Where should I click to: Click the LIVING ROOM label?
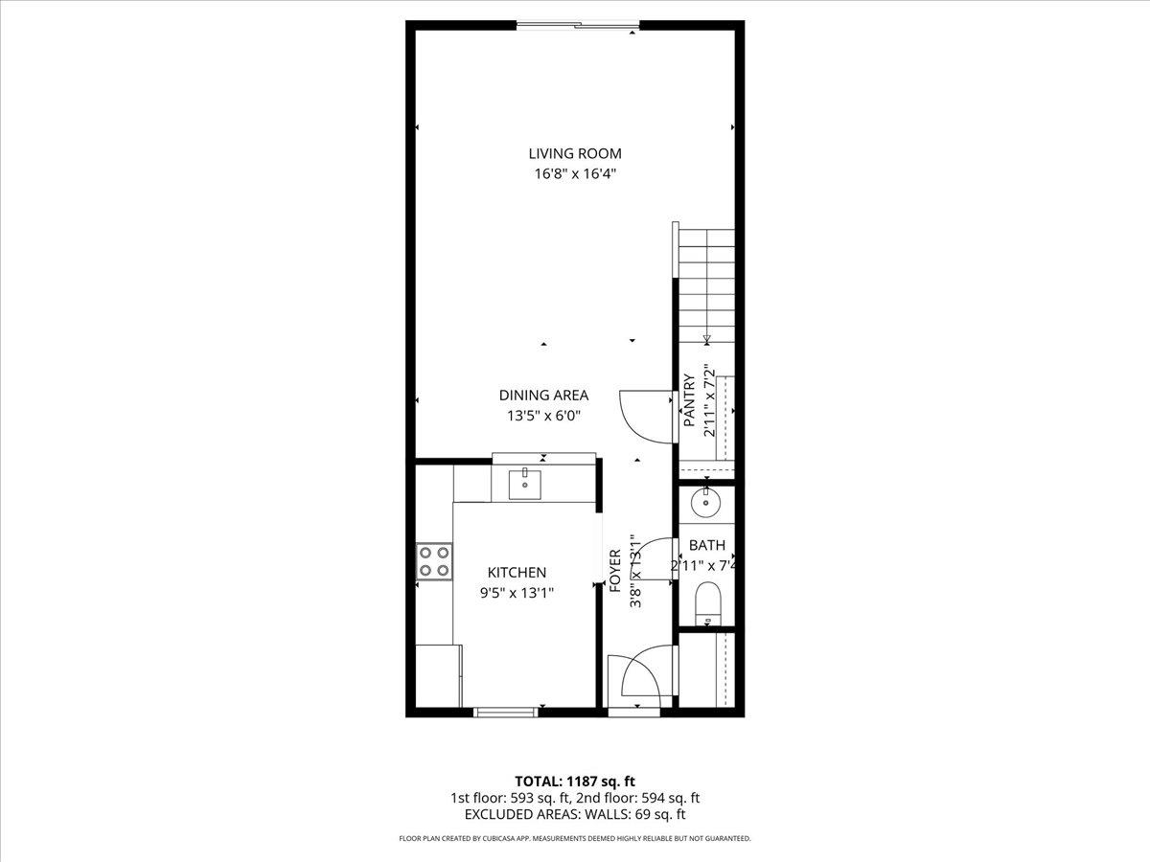pos(575,153)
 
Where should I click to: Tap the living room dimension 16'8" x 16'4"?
pos(575,174)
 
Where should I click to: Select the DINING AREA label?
pos(543,395)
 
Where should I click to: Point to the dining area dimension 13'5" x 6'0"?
pos(543,416)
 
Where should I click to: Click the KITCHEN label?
pos(517,572)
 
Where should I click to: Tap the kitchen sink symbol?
pos(524,485)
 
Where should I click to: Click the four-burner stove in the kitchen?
pos(433,560)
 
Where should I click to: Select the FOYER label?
pos(615,570)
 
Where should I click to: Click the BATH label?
pos(706,546)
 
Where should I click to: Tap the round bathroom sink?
pos(706,501)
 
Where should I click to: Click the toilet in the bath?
pos(707,602)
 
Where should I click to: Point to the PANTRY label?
pos(688,400)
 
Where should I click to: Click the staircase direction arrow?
pos(707,338)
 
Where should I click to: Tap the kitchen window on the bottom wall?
pos(505,711)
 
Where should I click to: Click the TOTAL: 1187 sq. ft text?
pos(575,781)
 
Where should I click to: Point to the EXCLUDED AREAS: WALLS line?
pos(575,814)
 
